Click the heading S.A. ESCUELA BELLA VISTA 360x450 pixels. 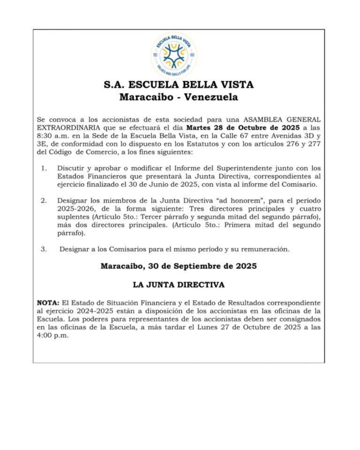click(179, 85)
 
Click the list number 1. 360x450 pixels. click(43, 168)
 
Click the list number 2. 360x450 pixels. click(43, 201)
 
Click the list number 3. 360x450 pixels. click(43, 249)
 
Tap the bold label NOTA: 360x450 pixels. click(47, 302)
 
